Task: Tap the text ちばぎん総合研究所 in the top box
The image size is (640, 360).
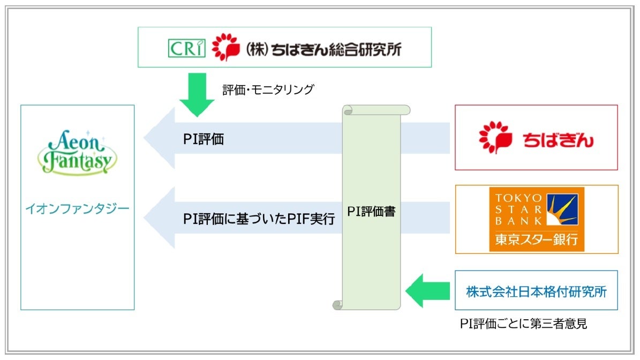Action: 336,49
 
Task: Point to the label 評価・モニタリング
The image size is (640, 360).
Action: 268,89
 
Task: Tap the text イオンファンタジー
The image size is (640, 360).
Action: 78,208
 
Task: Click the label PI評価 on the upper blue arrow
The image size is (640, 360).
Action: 203,140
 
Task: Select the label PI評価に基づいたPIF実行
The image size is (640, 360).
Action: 259,219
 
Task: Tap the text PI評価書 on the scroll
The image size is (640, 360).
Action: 371,211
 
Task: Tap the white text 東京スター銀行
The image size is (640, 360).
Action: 536,239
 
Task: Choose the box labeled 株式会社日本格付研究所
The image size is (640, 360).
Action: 536,291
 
